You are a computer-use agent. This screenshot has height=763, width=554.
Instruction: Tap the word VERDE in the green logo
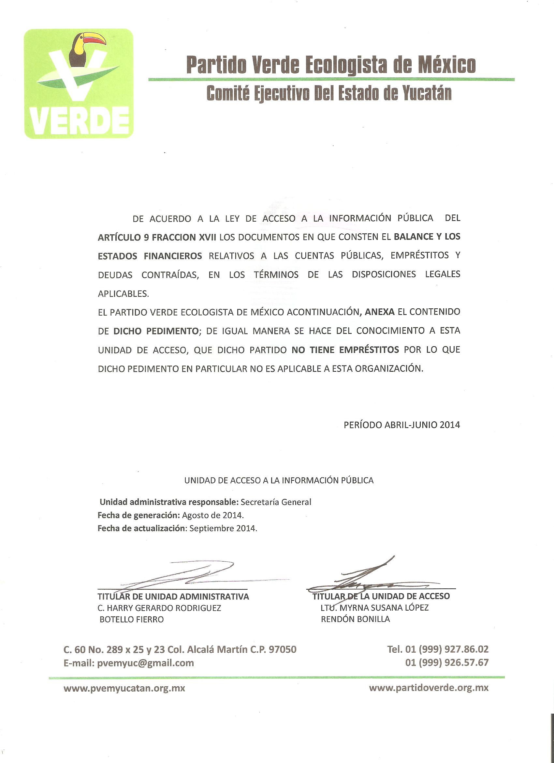[79, 121]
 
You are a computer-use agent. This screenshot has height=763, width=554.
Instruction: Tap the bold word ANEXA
[380, 312]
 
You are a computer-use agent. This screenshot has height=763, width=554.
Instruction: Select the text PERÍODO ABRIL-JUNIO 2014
[401, 425]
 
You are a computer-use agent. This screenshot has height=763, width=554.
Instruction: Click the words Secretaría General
[276, 502]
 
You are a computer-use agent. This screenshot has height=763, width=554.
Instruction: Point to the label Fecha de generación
[138, 515]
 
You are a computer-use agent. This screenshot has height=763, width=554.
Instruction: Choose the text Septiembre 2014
[223, 528]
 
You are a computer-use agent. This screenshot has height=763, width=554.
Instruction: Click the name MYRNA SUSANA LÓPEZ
[384, 608]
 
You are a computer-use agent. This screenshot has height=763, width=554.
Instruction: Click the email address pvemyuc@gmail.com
[145, 663]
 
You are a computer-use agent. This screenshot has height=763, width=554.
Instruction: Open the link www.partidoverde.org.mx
[428, 688]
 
